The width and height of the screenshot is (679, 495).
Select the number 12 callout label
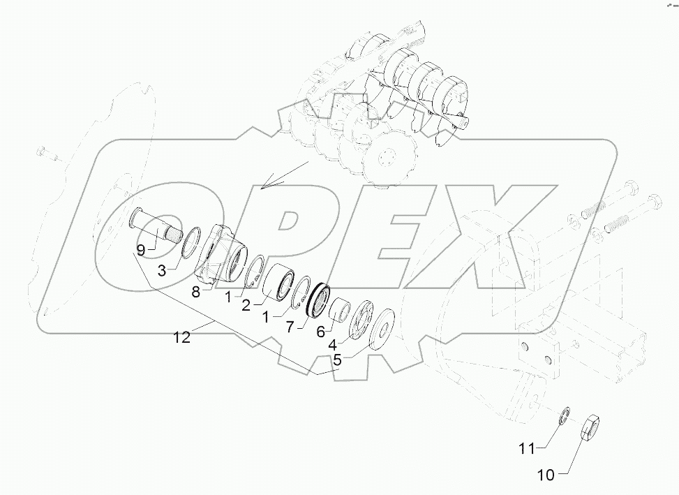(x=181, y=338)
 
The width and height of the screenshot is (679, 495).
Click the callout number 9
(x=140, y=250)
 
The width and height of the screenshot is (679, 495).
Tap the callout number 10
(x=546, y=475)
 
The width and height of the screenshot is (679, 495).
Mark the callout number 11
(x=526, y=448)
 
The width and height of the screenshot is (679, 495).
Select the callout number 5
(x=337, y=360)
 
